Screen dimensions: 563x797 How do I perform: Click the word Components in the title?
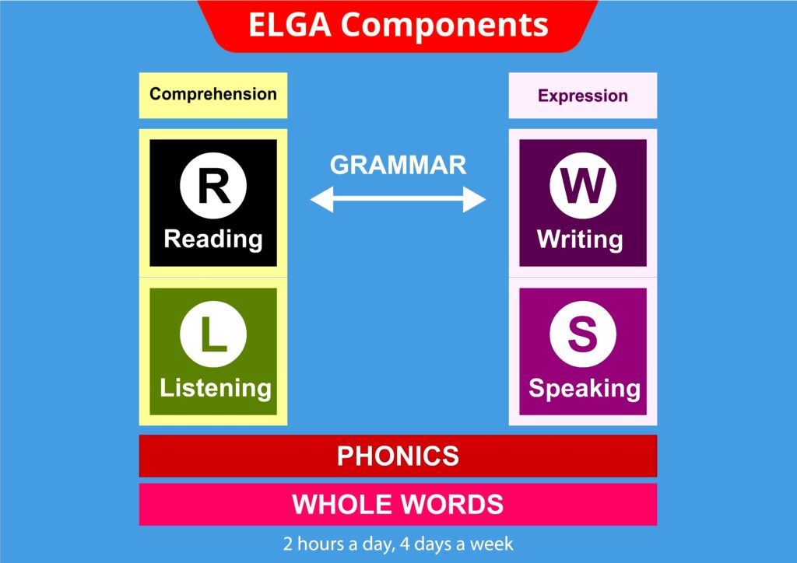coord(444,26)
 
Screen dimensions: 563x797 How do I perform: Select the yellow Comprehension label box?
coord(213,95)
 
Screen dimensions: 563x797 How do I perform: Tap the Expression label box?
coord(583,96)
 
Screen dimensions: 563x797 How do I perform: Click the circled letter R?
coord(213,187)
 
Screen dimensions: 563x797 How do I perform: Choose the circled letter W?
coord(583,187)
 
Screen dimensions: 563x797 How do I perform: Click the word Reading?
coord(213,238)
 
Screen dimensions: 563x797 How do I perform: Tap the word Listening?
coord(216,387)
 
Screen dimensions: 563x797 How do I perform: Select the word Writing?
coord(580,238)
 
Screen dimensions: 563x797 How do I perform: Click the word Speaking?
coord(585,388)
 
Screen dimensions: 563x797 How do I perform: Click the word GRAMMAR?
coord(398,165)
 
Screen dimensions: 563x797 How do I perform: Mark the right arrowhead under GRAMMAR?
coord(476,201)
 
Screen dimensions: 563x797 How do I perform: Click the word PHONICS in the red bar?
coord(398,456)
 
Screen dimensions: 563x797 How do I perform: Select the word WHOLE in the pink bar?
coord(339,505)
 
